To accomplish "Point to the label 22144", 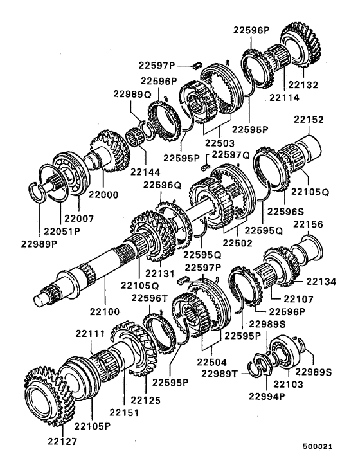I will point(145,173).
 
